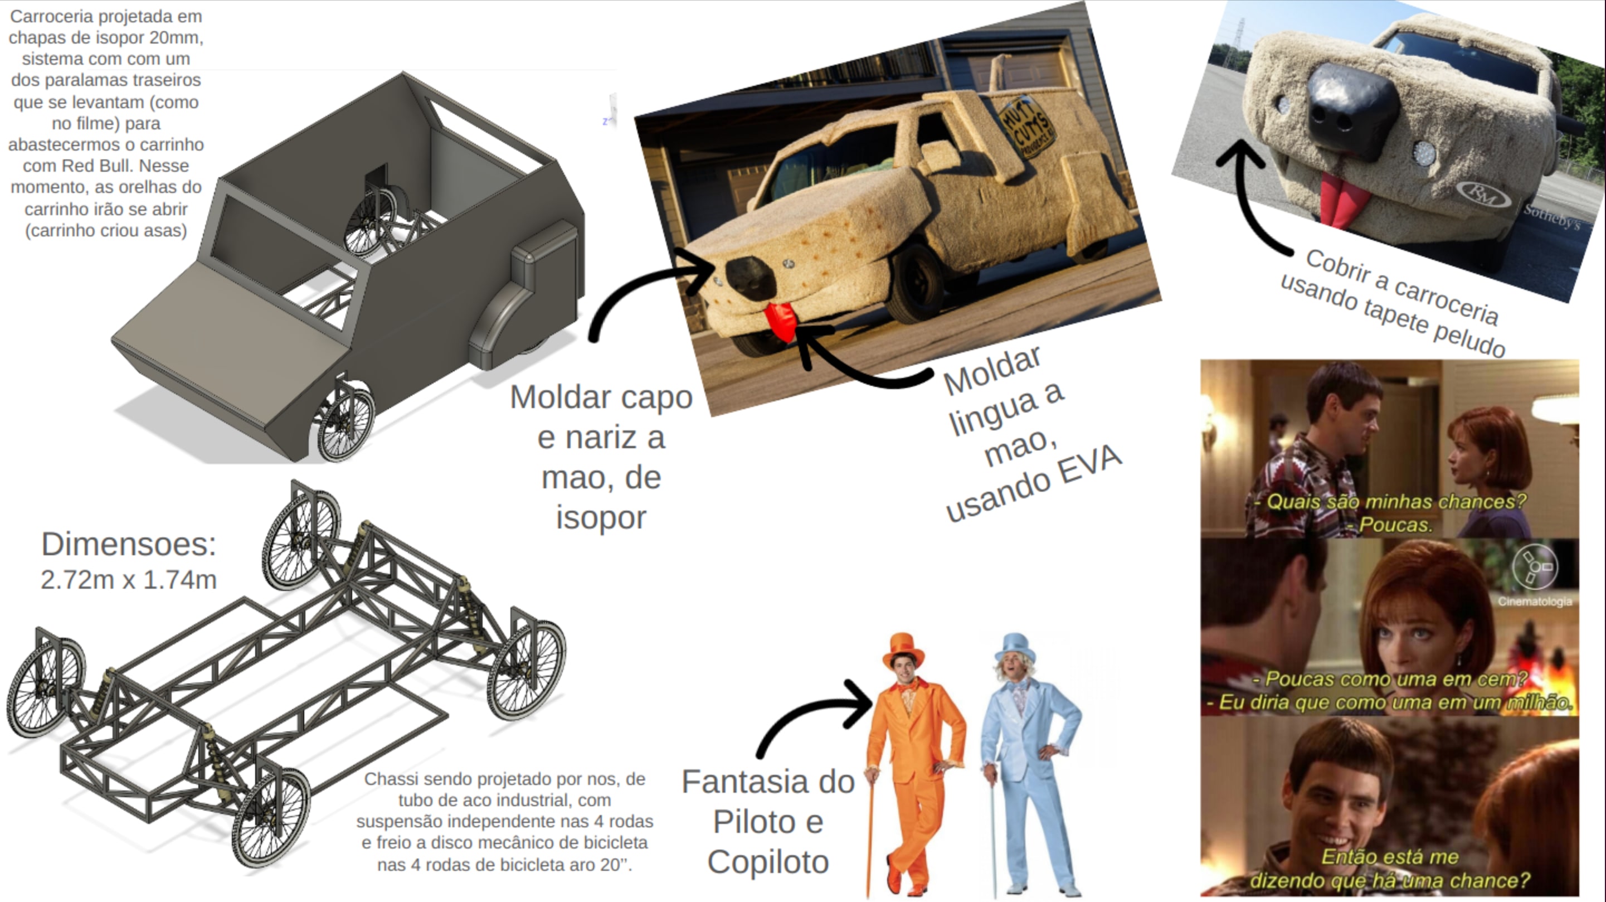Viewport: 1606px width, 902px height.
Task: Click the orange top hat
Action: [903, 650]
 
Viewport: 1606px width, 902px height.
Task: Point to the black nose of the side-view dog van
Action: [751, 277]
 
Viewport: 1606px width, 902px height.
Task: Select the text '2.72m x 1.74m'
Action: [128, 580]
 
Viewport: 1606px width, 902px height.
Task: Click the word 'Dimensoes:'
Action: [128, 544]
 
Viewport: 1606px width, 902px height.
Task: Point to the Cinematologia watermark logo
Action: [1534, 567]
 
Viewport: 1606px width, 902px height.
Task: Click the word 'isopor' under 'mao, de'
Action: [601, 518]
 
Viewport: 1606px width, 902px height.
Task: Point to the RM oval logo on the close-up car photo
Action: [1485, 193]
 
